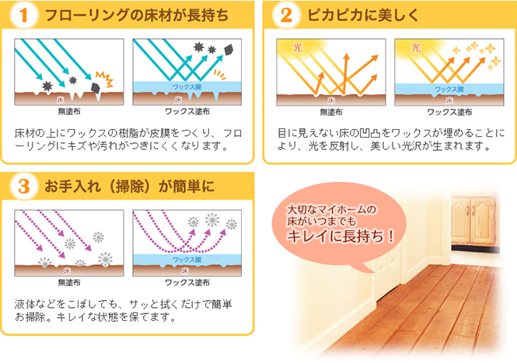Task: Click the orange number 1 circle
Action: [x=23, y=16]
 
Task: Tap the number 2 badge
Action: [x=286, y=16]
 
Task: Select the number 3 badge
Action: [x=23, y=187]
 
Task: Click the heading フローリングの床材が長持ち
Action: [x=137, y=16]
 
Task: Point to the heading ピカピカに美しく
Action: [x=363, y=16]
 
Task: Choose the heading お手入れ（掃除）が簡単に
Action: [x=130, y=187]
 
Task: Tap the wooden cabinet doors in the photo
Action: [x=473, y=220]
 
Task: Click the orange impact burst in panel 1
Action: [x=104, y=79]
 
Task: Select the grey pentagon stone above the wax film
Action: [x=229, y=50]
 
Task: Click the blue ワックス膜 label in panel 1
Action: [x=187, y=87]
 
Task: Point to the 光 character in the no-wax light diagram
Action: [x=298, y=48]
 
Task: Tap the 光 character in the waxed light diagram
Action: [x=415, y=48]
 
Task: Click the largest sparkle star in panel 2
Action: [x=490, y=48]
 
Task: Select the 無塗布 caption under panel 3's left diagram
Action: [x=69, y=283]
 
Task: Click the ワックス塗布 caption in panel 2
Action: [x=449, y=112]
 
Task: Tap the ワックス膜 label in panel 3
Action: [x=187, y=260]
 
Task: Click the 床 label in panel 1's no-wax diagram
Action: [x=60, y=99]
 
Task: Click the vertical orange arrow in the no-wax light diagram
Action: [x=345, y=73]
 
